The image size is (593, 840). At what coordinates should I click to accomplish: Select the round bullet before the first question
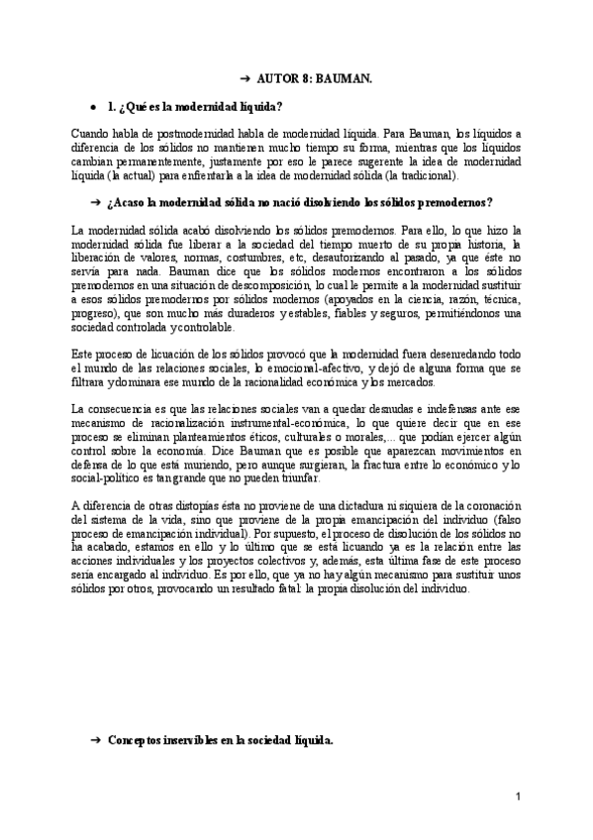tap(92, 106)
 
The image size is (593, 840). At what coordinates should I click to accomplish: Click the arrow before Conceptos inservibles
tap(95, 740)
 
